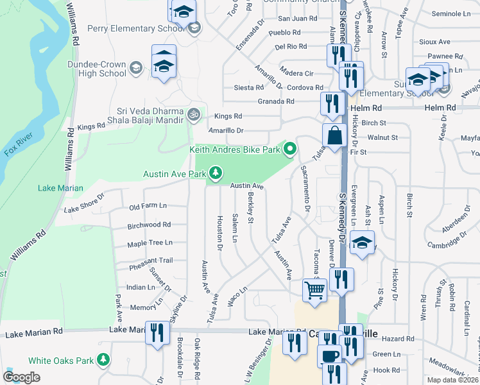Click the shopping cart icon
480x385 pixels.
(x=314, y=290)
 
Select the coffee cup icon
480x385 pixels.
(x=330, y=355)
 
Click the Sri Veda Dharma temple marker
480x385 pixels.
(x=193, y=114)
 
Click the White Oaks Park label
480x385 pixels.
(x=69, y=361)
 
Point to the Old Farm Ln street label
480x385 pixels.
(x=148, y=206)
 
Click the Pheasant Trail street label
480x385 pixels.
(x=150, y=260)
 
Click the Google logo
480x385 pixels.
(x=22, y=377)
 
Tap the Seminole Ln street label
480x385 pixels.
(x=451, y=13)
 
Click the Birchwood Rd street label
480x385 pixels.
(x=149, y=225)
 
